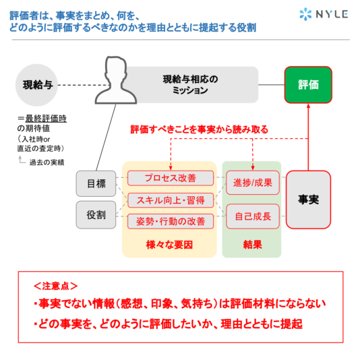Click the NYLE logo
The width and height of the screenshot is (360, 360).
[x=324, y=14]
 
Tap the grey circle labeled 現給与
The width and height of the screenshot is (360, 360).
[x=36, y=85]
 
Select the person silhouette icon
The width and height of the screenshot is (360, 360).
[x=116, y=80]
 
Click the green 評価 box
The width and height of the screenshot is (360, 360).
[x=308, y=85]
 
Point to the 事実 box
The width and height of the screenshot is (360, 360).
[x=308, y=200]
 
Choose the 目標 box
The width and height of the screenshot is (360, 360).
[x=96, y=183]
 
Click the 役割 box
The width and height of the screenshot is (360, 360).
[x=96, y=215]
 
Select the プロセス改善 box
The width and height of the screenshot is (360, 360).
[x=171, y=178]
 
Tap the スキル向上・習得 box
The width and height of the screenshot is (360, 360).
[x=171, y=200]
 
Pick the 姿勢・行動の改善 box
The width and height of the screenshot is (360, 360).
[x=171, y=222]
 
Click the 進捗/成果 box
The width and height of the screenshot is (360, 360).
[x=253, y=183]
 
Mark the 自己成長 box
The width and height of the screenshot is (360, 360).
[x=253, y=216]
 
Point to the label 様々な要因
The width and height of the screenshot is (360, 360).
[x=169, y=245]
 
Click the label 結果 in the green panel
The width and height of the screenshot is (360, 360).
[x=253, y=245]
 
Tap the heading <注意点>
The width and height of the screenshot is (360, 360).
[x=55, y=286]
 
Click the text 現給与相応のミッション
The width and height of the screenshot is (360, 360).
[x=190, y=85]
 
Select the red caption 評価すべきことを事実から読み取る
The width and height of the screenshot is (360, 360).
[x=200, y=129]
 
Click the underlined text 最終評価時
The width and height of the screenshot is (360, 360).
[x=46, y=119]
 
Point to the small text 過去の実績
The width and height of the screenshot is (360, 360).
[x=47, y=162]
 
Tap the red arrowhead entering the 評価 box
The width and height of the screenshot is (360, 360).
[x=308, y=106]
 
